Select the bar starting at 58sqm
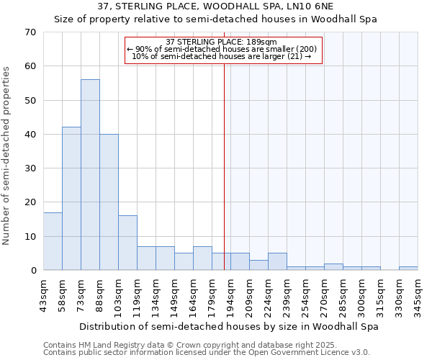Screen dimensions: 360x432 (x=71, y=199)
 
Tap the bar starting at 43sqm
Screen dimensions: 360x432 (x=53, y=241)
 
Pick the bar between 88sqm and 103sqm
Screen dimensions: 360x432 (x=109, y=202)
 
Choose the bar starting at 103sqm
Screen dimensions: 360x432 (x=127, y=243)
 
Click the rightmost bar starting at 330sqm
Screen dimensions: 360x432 (x=408, y=269)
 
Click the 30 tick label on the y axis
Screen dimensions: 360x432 (x=30, y=168)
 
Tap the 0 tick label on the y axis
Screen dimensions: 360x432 (x=32, y=271)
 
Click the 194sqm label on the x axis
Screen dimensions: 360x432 (x=230, y=294)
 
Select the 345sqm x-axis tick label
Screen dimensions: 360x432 (x=418, y=294)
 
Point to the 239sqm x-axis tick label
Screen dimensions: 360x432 (x=287, y=294)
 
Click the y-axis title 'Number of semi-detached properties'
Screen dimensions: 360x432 (x=8, y=156)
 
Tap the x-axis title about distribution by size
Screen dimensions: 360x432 (x=229, y=326)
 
